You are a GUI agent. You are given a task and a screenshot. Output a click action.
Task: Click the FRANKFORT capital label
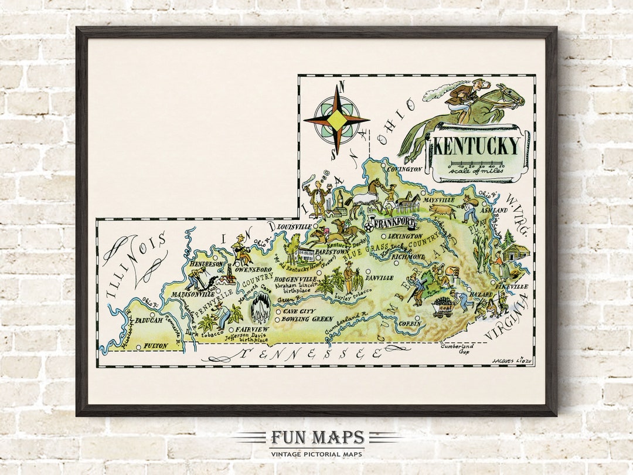click(x=395, y=223)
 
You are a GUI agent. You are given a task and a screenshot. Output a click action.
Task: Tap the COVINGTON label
click(x=404, y=169)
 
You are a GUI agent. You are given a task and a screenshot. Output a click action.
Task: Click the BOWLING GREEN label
click(x=307, y=320)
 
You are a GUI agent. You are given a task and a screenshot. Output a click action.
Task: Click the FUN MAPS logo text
click(x=317, y=438)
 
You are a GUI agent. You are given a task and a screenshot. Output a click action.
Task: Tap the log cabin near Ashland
click(x=516, y=252)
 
